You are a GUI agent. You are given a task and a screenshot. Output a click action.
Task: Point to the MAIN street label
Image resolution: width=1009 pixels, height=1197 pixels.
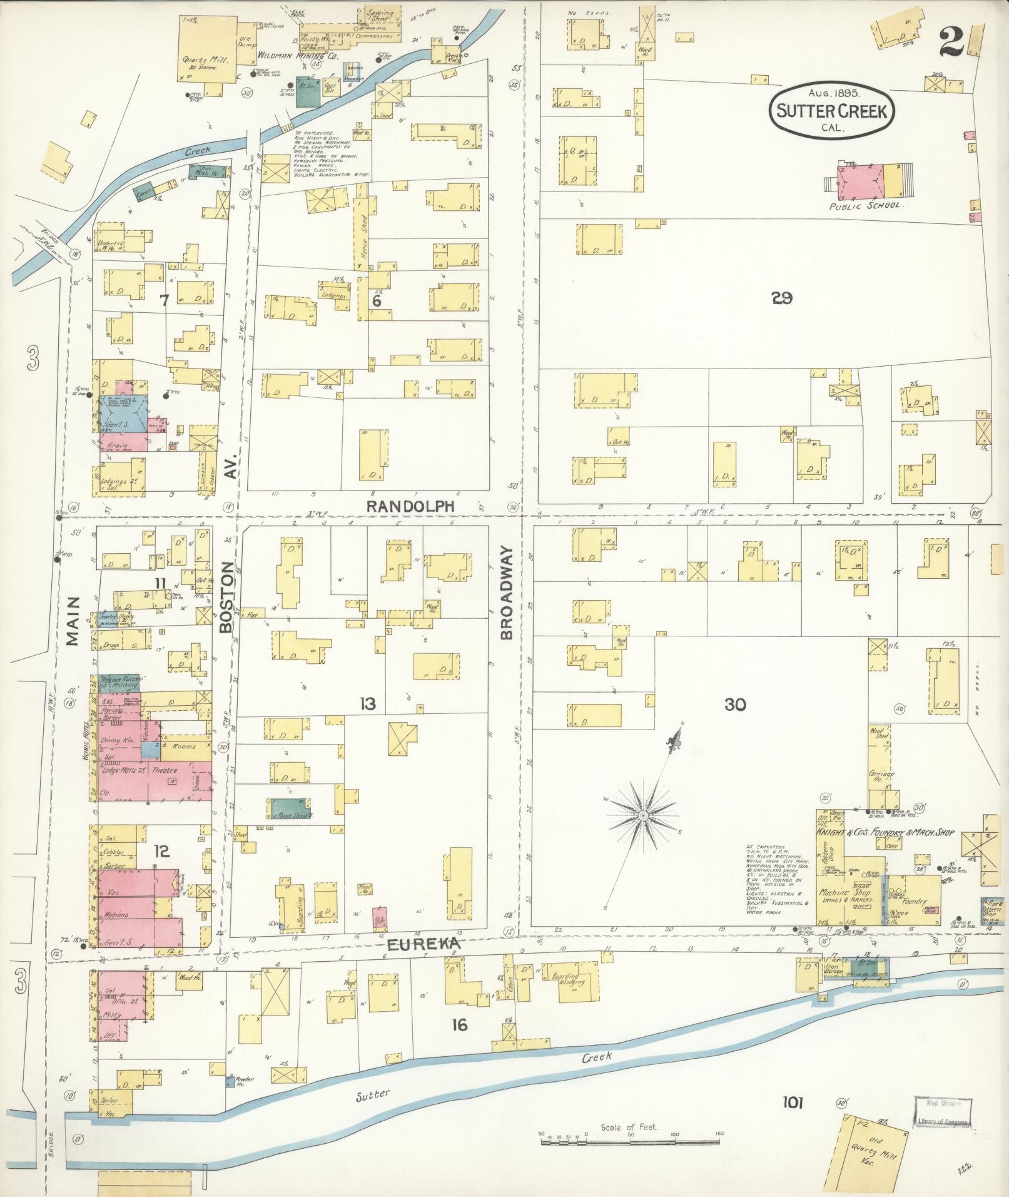[74, 620]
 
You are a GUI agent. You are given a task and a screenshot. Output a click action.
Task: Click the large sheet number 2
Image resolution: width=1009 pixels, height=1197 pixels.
[950, 43]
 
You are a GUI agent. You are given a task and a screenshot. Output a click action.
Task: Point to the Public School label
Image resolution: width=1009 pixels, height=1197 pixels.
[866, 205]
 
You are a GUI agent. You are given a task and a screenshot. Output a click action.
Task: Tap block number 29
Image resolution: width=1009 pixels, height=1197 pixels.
[782, 298]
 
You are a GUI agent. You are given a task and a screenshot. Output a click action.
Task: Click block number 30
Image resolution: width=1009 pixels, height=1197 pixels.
[735, 705]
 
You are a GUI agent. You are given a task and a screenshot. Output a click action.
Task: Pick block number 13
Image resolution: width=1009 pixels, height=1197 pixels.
[367, 705]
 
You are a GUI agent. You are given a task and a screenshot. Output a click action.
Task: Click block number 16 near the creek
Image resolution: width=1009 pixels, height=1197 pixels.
[459, 1024]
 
